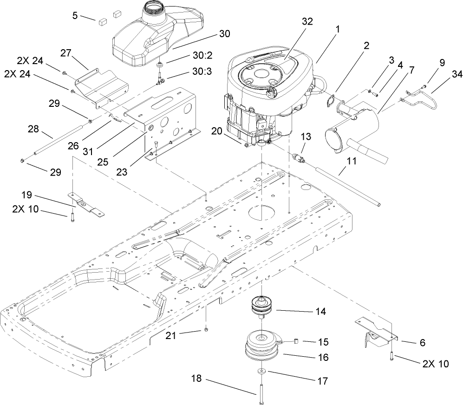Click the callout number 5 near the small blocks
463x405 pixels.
pos(75,15)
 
